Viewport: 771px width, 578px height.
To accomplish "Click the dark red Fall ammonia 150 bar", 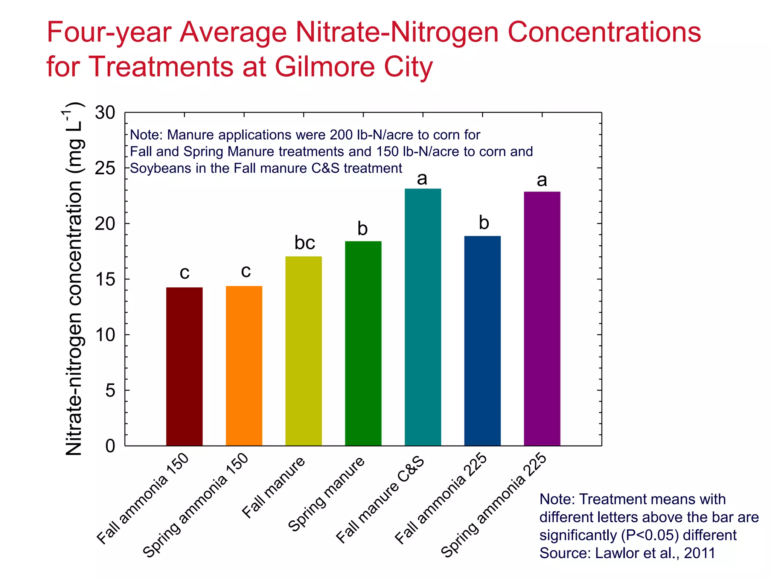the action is (184, 367).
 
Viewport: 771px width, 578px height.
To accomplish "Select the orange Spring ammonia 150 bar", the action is (244, 366).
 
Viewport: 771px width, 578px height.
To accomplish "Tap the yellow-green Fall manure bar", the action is (303, 351).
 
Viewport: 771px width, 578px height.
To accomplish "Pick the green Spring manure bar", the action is (363, 344).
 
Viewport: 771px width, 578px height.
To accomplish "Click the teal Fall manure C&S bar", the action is (423, 317).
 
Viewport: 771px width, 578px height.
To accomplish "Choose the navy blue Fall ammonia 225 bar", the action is (482, 341).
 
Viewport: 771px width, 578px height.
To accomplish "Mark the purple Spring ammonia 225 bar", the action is (542, 319).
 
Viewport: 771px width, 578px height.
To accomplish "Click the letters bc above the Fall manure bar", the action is (305, 243).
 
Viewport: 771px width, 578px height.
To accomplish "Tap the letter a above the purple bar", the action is (542, 180).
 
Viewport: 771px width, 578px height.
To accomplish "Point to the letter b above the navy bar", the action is (484, 223).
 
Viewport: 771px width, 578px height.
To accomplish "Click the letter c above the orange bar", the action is (246, 271).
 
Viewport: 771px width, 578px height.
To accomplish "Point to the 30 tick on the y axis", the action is (105, 113).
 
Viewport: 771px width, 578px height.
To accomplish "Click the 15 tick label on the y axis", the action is (105, 279).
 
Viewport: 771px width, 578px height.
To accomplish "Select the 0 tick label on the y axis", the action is (110, 446).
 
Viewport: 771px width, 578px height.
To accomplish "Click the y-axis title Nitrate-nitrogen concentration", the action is (74, 278).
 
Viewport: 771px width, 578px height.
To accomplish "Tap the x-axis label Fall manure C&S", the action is (380, 500).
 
